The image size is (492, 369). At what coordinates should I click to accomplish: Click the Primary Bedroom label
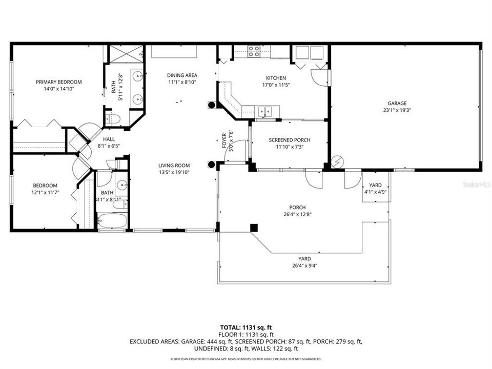click(x=59, y=82)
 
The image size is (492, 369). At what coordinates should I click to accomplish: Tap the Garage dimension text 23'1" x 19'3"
click(x=397, y=110)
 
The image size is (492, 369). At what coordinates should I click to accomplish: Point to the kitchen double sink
click(x=265, y=110)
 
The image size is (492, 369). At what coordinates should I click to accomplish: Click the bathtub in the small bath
click(x=112, y=221)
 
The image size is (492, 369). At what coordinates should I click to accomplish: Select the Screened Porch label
click(x=290, y=140)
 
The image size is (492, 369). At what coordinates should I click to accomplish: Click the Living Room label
click(x=174, y=166)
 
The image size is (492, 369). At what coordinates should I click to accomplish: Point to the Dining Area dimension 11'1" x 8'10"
click(x=182, y=82)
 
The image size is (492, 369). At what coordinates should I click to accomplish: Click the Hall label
click(x=109, y=139)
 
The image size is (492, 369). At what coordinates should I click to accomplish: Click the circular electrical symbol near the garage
click(x=337, y=162)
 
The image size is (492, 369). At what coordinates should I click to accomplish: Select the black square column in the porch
click(x=254, y=227)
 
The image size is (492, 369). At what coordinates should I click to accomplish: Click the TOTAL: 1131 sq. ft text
click(x=246, y=326)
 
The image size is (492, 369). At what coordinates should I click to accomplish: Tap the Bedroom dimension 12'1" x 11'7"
click(x=45, y=193)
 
